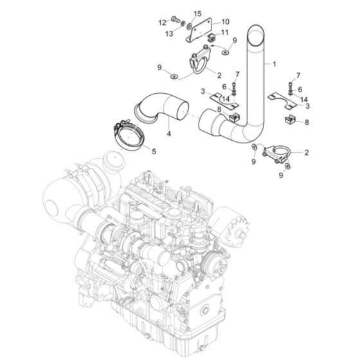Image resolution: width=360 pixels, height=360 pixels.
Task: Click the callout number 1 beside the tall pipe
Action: click(274, 64)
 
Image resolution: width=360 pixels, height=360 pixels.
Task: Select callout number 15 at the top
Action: click(179, 14)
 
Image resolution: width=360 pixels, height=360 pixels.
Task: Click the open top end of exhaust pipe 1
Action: click(259, 30)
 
